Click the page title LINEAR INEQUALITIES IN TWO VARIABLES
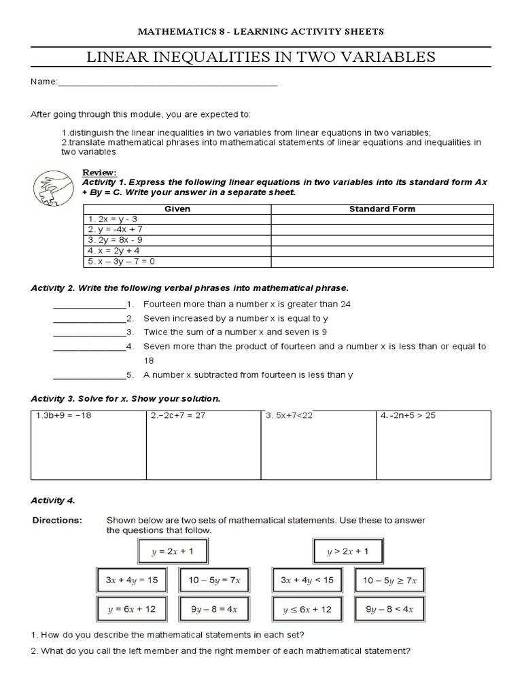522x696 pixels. click(x=261, y=57)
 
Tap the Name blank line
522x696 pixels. click(x=168, y=84)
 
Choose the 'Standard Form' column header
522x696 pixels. click(x=381, y=209)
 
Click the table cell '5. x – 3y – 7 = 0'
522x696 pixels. click(x=122, y=261)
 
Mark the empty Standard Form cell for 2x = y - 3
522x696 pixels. click(x=381, y=220)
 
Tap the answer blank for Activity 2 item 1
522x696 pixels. click(x=90, y=304)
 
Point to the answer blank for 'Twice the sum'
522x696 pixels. click(x=90, y=332)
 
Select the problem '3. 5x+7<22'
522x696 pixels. click(x=290, y=416)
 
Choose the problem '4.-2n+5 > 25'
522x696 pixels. click(x=408, y=416)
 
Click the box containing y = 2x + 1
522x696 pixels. click(x=173, y=552)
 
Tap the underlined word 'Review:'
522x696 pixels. click(x=99, y=173)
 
